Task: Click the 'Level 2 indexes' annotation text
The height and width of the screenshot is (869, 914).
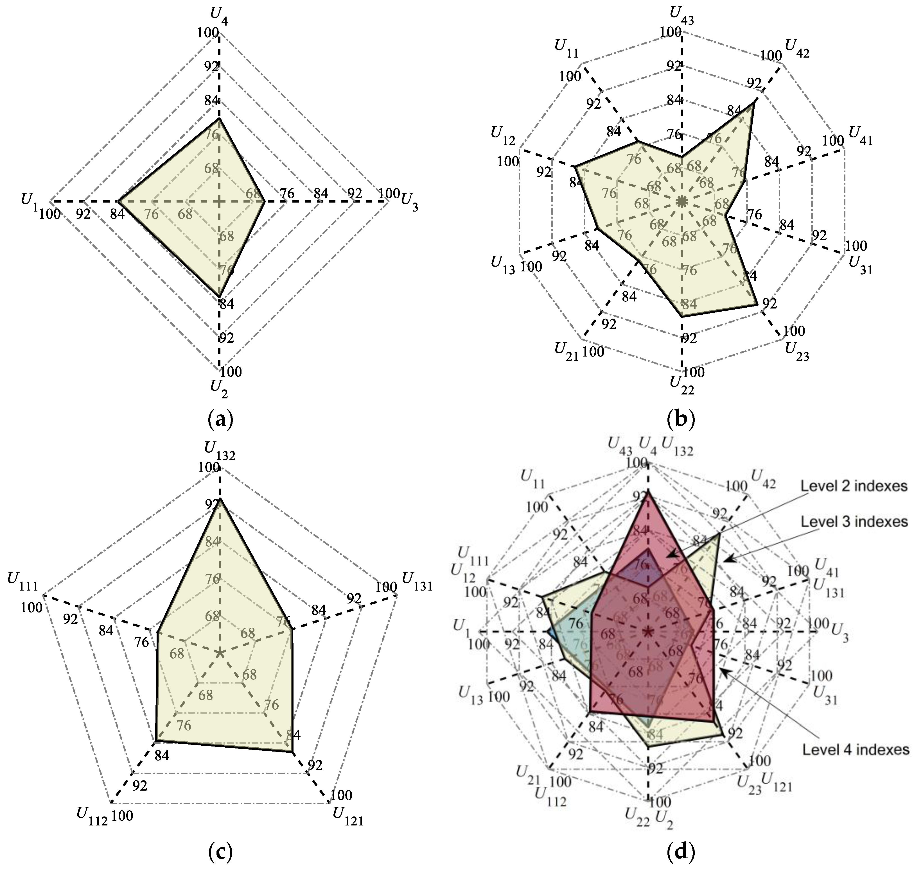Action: click(x=854, y=486)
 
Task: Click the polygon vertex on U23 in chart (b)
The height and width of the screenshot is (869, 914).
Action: click(x=757, y=304)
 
